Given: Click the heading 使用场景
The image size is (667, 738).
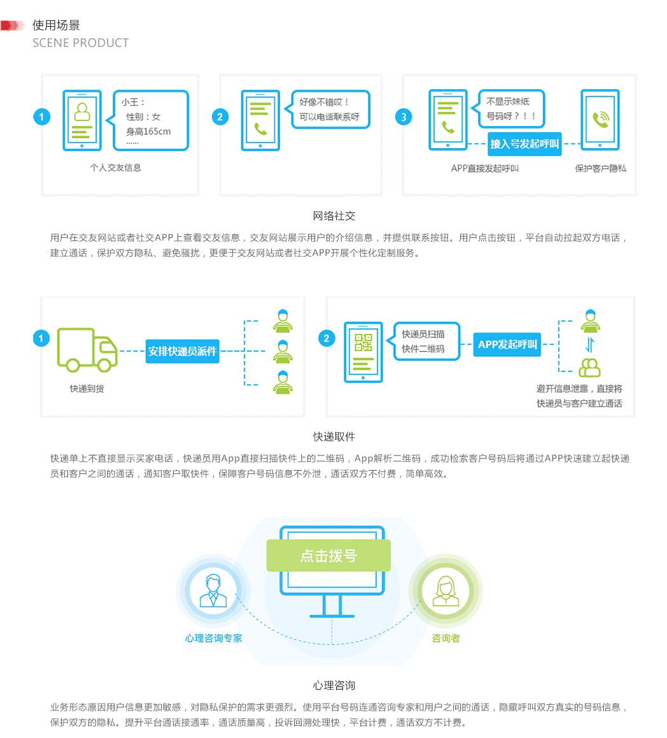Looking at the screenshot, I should click(x=56, y=25).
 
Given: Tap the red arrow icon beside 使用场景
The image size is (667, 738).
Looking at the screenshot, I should click(x=12, y=25).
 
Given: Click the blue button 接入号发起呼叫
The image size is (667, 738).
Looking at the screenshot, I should click(x=524, y=144).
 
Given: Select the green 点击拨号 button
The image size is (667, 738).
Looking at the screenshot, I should click(x=328, y=555).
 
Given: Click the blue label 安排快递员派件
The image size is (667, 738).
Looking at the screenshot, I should click(x=183, y=351).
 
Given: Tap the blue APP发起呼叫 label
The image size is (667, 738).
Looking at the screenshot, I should click(x=507, y=344).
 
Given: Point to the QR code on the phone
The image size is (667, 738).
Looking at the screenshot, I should click(x=363, y=342).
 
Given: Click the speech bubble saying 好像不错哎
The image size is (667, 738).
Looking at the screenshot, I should click(x=330, y=109).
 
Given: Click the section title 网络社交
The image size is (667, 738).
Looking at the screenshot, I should click(x=333, y=216).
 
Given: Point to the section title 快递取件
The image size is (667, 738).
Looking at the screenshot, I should click(x=333, y=437).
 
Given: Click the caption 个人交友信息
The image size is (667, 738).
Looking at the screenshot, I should click(x=115, y=168).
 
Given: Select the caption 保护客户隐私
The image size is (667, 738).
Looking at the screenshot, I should click(x=600, y=169).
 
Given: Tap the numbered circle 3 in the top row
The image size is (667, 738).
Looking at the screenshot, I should click(x=403, y=117).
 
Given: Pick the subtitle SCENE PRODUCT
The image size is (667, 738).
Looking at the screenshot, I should click(x=81, y=43).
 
